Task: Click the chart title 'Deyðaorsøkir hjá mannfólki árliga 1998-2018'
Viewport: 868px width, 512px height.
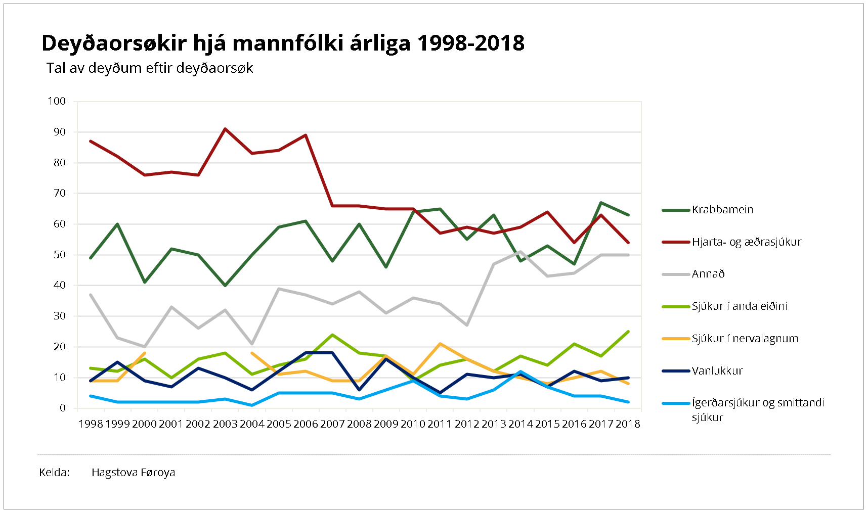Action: click(283, 43)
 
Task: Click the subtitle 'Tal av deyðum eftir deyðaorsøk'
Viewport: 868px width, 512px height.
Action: click(150, 68)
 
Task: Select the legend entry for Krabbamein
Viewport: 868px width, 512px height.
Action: click(722, 210)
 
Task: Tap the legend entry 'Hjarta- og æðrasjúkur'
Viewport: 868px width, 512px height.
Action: click(746, 242)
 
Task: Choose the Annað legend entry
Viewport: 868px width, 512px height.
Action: click(708, 274)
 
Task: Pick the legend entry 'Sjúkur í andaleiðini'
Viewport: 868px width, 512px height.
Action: click(739, 306)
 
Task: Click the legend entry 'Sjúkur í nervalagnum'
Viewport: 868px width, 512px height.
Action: click(745, 339)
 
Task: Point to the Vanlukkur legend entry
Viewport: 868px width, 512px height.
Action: click(717, 371)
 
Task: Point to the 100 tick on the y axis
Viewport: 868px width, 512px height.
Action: click(57, 101)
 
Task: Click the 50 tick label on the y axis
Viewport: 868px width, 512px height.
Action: click(60, 255)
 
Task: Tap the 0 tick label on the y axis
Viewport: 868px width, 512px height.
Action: click(63, 408)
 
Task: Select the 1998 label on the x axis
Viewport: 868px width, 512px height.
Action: click(91, 424)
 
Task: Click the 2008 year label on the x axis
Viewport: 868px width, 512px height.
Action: click(359, 424)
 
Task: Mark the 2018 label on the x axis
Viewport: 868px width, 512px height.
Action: click(628, 424)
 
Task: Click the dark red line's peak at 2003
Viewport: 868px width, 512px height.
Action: click(225, 129)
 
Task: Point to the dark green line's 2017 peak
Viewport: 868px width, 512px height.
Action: click(601, 203)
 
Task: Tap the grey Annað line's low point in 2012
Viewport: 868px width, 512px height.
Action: click(467, 325)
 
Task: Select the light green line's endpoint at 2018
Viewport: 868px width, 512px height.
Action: click(628, 332)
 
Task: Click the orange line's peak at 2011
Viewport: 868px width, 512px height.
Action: click(440, 344)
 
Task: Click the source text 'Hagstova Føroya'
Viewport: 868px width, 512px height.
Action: click(133, 473)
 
